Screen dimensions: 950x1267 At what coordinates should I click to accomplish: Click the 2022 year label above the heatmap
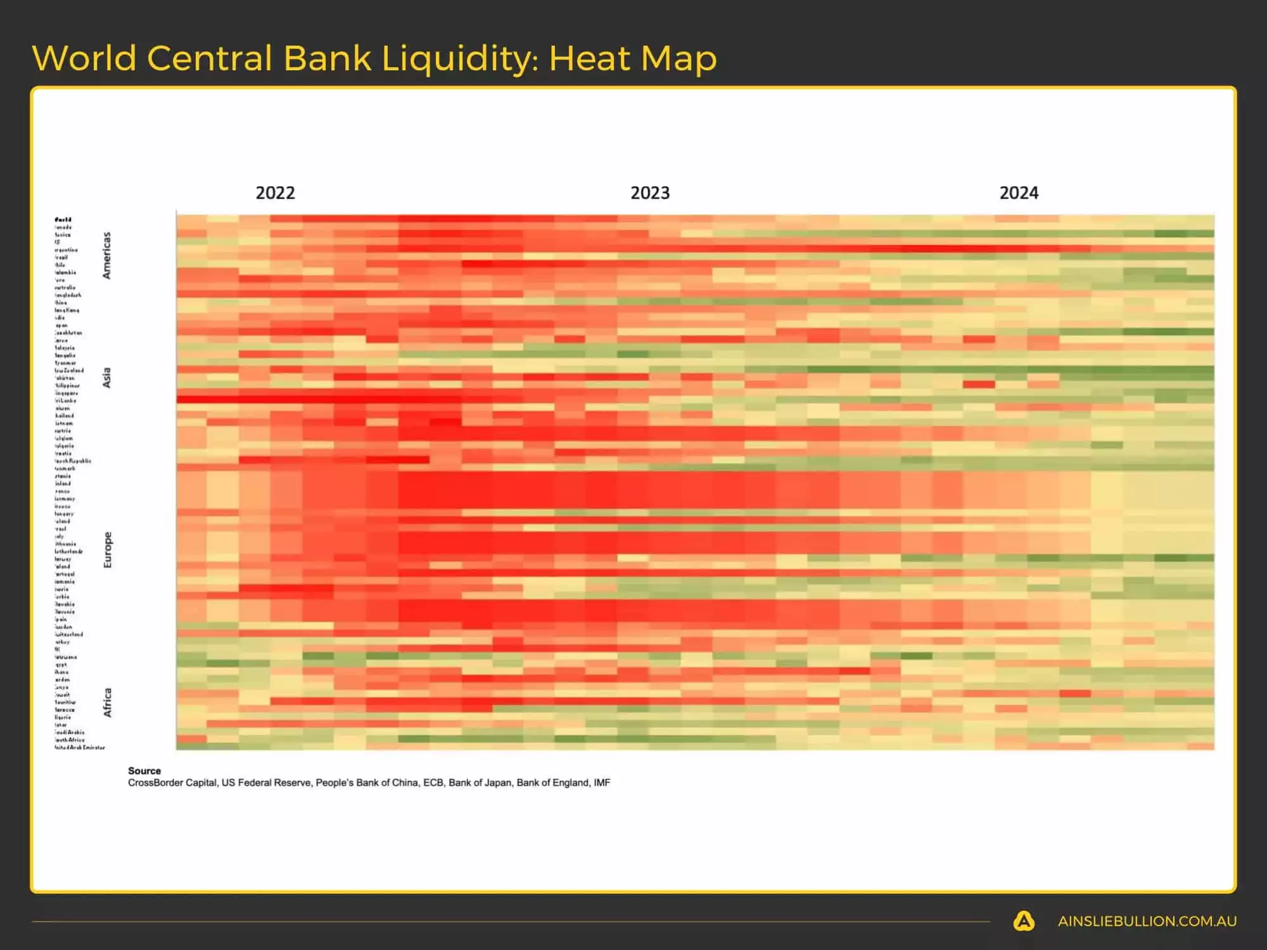click(275, 193)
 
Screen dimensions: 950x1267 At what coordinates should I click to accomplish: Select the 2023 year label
click(650, 193)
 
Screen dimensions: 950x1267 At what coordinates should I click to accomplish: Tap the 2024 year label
click(1019, 193)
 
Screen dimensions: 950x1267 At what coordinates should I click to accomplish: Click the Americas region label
click(106, 255)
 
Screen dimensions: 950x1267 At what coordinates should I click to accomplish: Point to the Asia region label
click(106, 377)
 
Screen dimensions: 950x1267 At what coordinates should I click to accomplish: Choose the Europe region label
click(107, 549)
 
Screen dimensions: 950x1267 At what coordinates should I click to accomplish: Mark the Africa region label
click(107, 702)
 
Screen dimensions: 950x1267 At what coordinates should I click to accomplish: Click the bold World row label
click(63, 220)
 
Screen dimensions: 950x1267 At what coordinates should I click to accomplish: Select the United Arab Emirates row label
click(79, 747)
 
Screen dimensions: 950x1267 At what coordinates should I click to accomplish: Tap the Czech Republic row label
click(72, 461)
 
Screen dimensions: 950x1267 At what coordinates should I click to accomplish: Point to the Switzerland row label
click(68, 634)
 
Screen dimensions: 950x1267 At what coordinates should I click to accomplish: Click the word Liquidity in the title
click(459, 58)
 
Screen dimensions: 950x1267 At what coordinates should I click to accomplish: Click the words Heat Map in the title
click(632, 58)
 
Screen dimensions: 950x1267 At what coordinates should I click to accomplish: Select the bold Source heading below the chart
click(144, 771)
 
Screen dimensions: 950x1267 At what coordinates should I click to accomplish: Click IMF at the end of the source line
click(602, 783)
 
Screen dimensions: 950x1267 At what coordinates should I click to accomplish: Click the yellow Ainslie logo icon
click(1024, 921)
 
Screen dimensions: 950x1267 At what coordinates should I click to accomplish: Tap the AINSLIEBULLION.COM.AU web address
click(1147, 921)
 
